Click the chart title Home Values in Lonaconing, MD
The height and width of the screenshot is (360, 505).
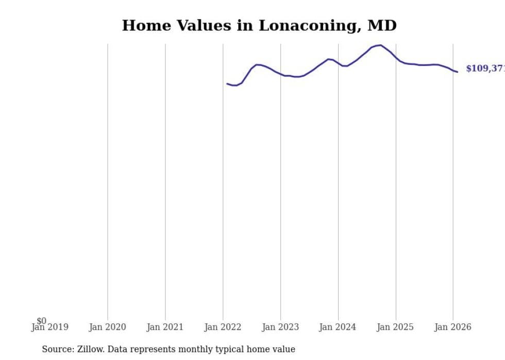[259, 25]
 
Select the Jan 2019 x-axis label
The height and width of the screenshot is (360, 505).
[50, 328]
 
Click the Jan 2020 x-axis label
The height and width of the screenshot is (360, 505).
[107, 328]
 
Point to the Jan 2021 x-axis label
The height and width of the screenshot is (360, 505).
[165, 328]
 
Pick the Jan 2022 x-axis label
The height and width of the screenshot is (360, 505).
[223, 328]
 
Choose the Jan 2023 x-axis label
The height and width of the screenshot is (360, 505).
[280, 328]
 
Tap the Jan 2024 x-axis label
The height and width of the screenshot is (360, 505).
[338, 328]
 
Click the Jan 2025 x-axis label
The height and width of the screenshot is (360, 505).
[395, 328]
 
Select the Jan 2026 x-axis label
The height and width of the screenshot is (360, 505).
[452, 328]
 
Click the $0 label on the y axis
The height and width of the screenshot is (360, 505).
[41, 321]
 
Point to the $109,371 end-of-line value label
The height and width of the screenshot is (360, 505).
[484, 68]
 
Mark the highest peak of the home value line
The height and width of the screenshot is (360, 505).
[380, 45]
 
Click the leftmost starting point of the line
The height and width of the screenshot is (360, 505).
[227, 83]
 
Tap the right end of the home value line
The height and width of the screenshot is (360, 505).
[457, 72]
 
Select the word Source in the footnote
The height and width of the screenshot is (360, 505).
[57, 350]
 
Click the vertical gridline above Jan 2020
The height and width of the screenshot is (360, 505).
[108, 180]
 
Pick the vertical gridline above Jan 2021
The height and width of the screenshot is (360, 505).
[165, 180]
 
